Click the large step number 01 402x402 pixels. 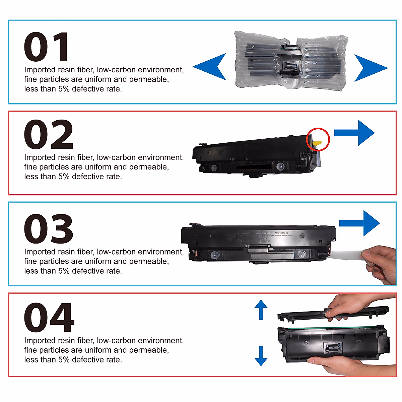47,47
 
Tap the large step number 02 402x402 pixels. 49,135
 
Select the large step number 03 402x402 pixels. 49,229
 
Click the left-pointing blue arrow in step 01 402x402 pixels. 211,67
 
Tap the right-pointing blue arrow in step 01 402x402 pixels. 370,68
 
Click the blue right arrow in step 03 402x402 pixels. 360,223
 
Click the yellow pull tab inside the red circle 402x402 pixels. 317,143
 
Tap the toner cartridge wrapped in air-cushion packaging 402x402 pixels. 290,60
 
